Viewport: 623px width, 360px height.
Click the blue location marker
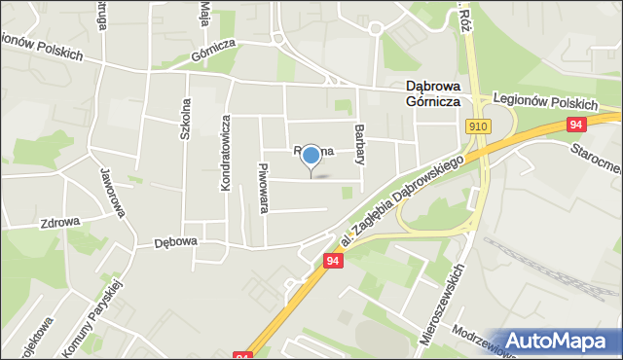coord(311,155)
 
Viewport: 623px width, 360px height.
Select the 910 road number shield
coord(477,126)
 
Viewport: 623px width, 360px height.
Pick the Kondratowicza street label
coord(225,153)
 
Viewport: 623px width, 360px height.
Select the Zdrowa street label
coord(59,222)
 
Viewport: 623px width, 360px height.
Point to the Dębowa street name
coord(175,242)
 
